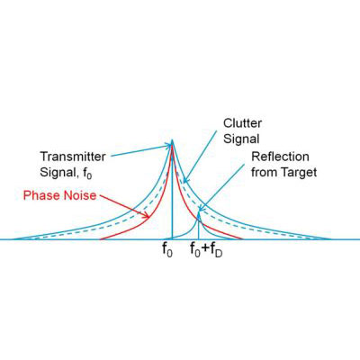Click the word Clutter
coord(242,123)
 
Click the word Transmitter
coord(73,157)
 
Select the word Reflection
coord(280,157)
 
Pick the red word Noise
coord(79,195)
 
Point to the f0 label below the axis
coord(167,250)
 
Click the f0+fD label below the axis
coord(206,250)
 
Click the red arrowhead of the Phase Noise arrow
coord(146,215)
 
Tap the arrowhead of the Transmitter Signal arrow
coord(167,146)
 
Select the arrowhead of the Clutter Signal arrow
coord(185,180)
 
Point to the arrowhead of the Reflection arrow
coord(201,208)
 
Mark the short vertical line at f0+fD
coord(198,225)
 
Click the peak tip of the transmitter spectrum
coord(172,139)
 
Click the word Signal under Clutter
coord(241,139)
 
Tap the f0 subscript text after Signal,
coord(87,174)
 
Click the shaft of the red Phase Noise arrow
coord(123,206)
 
